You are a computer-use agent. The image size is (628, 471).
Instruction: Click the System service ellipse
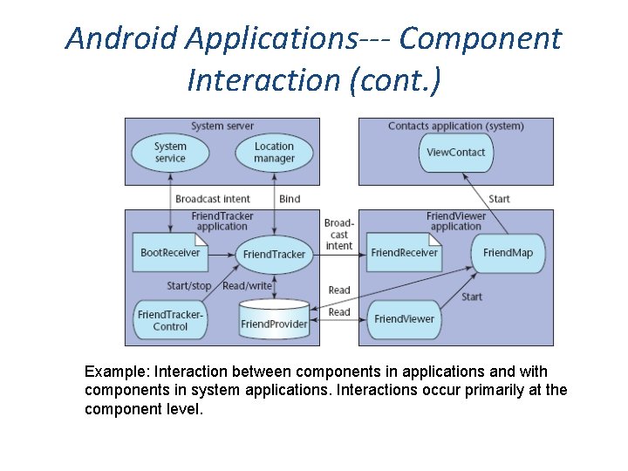170,153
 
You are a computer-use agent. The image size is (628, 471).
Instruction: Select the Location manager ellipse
274,153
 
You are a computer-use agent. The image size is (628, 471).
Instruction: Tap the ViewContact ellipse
455,152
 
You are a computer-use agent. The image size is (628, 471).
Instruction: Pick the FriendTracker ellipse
274,254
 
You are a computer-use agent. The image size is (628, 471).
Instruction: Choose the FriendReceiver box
404,253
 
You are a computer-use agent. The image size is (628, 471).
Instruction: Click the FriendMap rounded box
508,253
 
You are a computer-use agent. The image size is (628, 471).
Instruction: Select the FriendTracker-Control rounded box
170,320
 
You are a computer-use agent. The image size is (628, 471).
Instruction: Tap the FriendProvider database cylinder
274,320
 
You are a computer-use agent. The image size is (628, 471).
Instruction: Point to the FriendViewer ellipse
404,318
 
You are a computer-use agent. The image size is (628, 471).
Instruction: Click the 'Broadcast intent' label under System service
212,199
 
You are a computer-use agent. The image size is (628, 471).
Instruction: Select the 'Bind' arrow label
290,199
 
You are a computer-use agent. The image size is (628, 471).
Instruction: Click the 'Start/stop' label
189,286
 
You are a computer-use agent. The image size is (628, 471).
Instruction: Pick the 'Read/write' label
248,286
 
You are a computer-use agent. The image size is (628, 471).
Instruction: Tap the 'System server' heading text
222,126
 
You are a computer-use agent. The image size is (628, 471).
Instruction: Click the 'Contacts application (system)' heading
455,126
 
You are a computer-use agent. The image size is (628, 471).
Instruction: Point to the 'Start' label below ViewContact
499,199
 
